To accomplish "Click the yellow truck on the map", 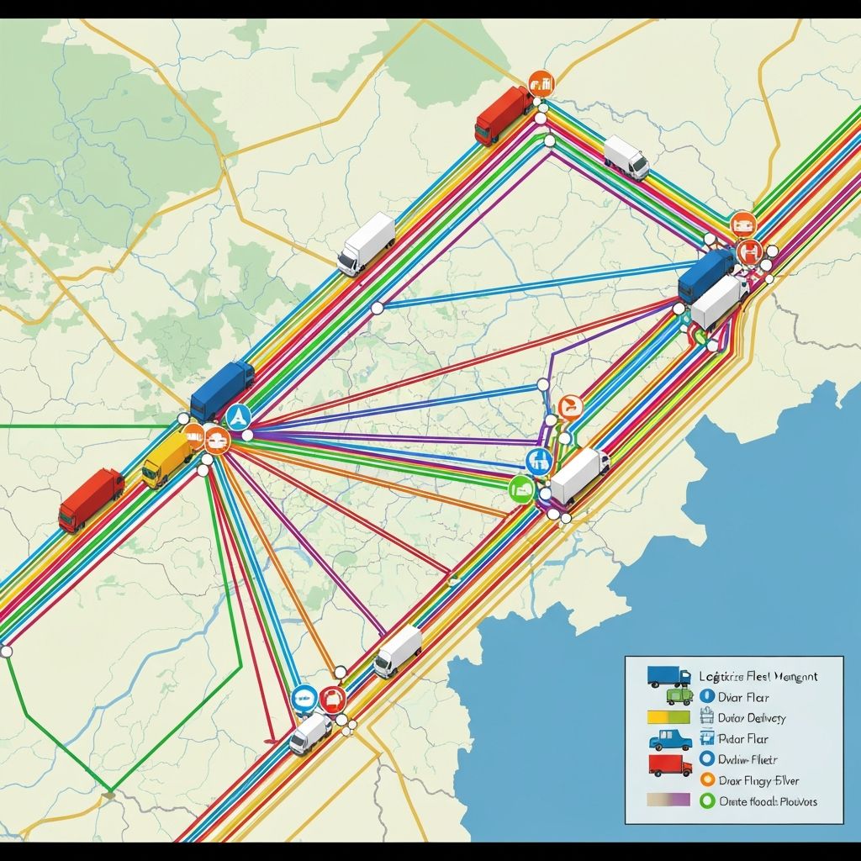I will coord(167,460).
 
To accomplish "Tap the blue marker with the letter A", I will coord(239,415).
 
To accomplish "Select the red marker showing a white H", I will coord(747,250).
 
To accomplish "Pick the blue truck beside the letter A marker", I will coord(222,389).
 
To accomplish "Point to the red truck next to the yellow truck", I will coord(91,499).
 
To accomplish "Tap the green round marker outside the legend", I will coord(521,489).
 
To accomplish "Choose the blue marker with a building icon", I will coord(538,460).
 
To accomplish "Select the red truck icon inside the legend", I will coord(670,764).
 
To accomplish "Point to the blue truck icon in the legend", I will coord(668,676).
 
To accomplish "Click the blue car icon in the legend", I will coord(670,740).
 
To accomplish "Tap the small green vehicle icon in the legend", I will coord(679,696).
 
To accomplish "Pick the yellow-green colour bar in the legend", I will coord(668,718).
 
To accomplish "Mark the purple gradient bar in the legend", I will coord(668,800).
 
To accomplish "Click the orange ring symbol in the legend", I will coord(706,780).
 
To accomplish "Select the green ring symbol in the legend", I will coord(706,800).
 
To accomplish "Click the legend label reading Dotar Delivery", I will coord(752,718).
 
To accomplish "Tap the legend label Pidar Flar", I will coord(743,739).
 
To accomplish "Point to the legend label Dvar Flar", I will coord(744,697).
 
